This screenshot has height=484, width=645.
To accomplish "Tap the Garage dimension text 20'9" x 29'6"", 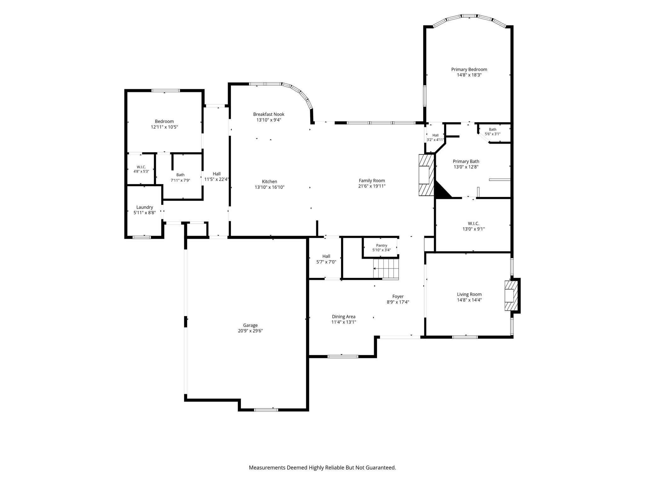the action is (x=250, y=331).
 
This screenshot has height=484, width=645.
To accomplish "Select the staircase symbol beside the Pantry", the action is (x=386, y=269).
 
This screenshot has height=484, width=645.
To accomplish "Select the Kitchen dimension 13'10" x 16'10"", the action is (x=270, y=187).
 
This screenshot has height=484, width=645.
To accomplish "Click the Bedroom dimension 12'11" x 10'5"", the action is (x=164, y=127).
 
